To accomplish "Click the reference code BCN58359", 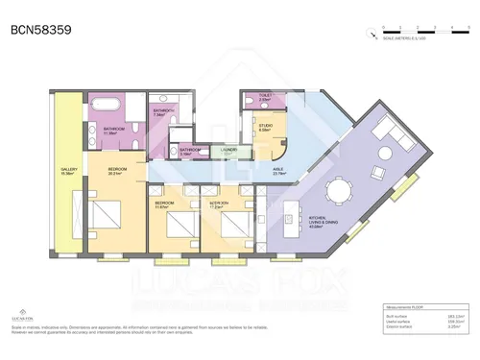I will click(39, 30).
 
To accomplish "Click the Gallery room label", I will click(68, 172).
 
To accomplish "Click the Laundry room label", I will click(228, 151).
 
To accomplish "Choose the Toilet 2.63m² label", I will click(266, 98).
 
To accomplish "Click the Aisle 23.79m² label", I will click(278, 171).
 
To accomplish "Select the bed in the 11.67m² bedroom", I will click(178, 227).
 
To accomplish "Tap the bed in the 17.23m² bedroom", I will click(231, 227).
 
